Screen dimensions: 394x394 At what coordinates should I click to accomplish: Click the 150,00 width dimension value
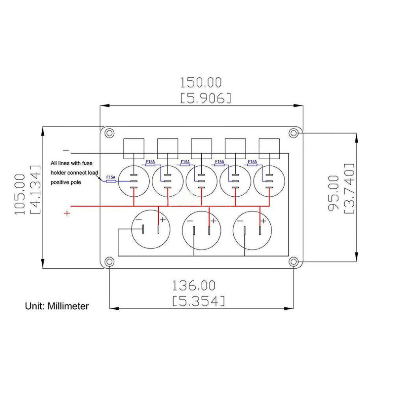click(x=201, y=83)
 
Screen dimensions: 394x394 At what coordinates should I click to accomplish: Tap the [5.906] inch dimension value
click(x=206, y=98)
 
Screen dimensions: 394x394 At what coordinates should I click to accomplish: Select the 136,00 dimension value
click(x=194, y=285)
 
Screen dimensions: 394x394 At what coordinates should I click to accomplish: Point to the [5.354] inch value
click(x=199, y=301)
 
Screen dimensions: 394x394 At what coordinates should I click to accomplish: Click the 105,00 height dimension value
click(x=20, y=194)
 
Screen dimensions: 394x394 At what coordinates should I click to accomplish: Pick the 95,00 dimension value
click(x=334, y=193)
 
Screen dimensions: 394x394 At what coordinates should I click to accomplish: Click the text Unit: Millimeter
click(x=57, y=306)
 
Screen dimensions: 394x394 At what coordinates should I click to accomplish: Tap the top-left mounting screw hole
click(x=109, y=133)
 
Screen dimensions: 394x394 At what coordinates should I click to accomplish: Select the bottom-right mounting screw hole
click(x=294, y=262)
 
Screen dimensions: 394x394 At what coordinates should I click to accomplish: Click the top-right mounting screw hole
click(x=294, y=133)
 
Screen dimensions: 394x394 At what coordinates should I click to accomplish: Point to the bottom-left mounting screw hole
click(x=109, y=262)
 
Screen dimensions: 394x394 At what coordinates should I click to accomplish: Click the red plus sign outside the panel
click(x=67, y=213)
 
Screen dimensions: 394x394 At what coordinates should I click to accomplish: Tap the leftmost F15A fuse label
click(x=111, y=177)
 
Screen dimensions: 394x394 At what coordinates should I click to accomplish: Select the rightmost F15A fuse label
click(x=252, y=162)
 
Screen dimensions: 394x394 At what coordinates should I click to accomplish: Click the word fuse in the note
click(x=87, y=163)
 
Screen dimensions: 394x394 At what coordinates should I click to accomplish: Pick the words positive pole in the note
click(x=66, y=182)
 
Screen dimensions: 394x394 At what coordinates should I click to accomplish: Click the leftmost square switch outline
click(x=134, y=138)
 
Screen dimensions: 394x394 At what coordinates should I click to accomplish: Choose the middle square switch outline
click(x=201, y=138)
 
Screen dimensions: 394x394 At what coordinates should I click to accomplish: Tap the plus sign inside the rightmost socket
click(x=263, y=221)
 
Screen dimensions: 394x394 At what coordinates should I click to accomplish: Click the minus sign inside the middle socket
click(x=190, y=221)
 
